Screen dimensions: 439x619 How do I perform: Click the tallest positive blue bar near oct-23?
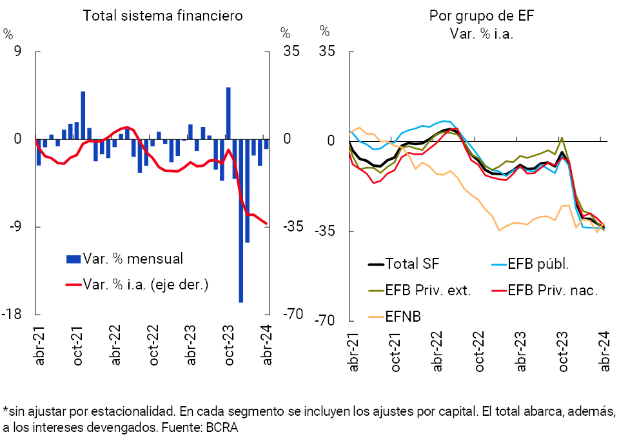228,113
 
